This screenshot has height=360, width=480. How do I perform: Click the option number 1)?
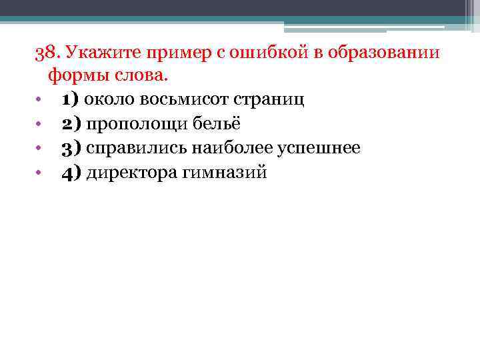click(x=71, y=100)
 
